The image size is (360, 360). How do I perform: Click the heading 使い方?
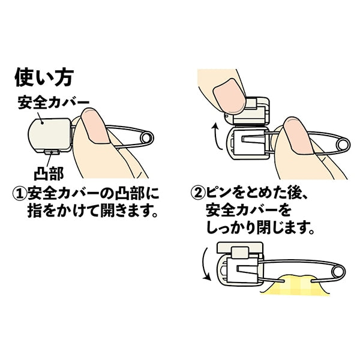point(43,77)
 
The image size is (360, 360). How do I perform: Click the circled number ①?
point(19,194)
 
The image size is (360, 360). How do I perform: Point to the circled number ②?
point(197,194)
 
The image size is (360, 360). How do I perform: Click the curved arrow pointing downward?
point(206,267)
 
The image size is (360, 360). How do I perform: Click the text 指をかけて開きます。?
point(95,212)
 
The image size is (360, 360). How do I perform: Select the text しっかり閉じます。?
point(261,229)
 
